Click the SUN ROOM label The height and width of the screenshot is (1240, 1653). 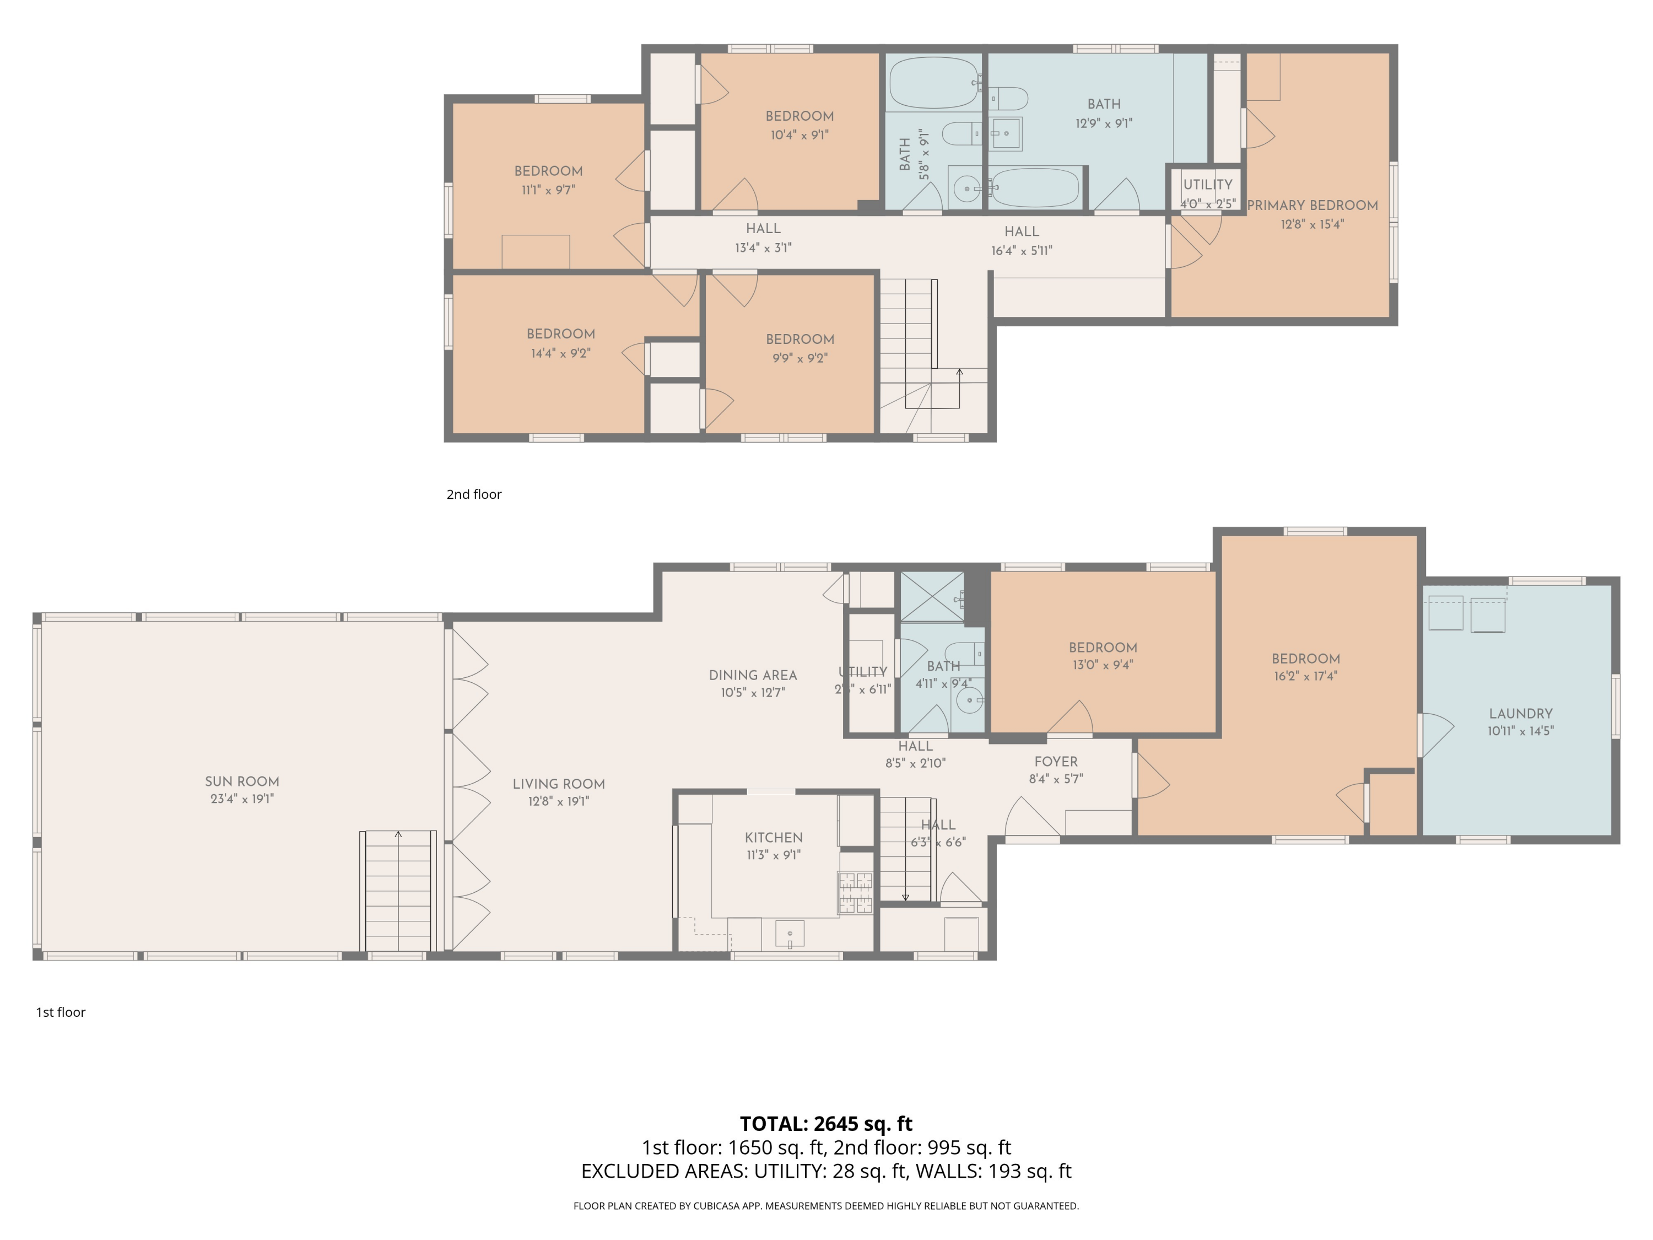pos(242,781)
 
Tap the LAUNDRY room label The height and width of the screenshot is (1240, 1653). pos(1521,714)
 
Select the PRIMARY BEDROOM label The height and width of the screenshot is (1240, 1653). pos(1312,206)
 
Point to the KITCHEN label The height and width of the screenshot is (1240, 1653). pos(774,838)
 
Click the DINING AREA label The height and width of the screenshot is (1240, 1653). pos(753,675)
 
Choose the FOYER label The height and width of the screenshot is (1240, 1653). pos(1056,762)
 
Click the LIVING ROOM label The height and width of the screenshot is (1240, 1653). pos(558,784)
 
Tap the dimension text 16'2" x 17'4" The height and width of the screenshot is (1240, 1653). pos(1305,676)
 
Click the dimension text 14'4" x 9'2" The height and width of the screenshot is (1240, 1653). pos(560,353)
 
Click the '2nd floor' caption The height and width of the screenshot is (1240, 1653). pos(474,494)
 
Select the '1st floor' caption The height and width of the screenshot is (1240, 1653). pos(61,1012)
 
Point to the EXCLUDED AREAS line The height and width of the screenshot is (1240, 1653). pos(826,1171)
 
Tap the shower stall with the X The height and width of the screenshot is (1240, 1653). pos(932,596)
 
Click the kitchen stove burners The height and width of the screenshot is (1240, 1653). pos(856,893)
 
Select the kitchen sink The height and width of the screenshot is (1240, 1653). pos(790,934)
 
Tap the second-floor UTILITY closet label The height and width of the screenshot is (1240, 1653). pos(1208,185)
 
